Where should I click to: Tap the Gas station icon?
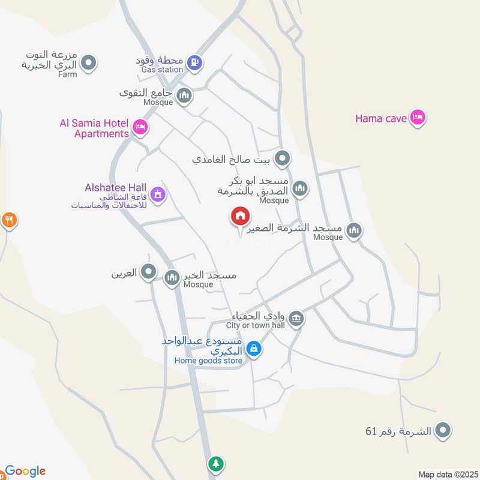click(x=194, y=62)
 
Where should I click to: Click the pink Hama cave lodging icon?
click(x=418, y=118)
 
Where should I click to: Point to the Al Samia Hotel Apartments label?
click(x=94, y=128)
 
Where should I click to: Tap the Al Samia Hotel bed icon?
click(x=141, y=127)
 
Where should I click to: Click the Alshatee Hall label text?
click(x=117, y=188)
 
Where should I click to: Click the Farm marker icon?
click(x=89, y=62)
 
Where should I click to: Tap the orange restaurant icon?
click(x=8, y=220)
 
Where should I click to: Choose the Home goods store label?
click(x=208, y=361)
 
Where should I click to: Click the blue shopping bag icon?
click(x=254, y=348)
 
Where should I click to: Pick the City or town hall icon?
click(x=295, y=318)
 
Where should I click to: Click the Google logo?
click(x=25, y=472)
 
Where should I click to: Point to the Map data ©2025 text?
click(x=446, y=474)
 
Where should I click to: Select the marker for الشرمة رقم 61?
click(x=443, y=430)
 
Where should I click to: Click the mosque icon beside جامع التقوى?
click(x=184, y=95)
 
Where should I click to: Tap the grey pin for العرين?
click(x=148, y=273)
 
